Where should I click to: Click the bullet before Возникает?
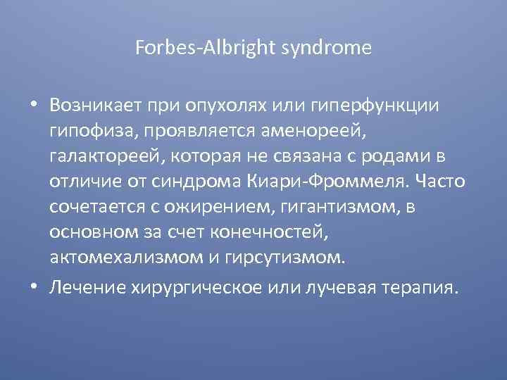pos(35,105)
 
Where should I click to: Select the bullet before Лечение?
pos(35,289)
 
